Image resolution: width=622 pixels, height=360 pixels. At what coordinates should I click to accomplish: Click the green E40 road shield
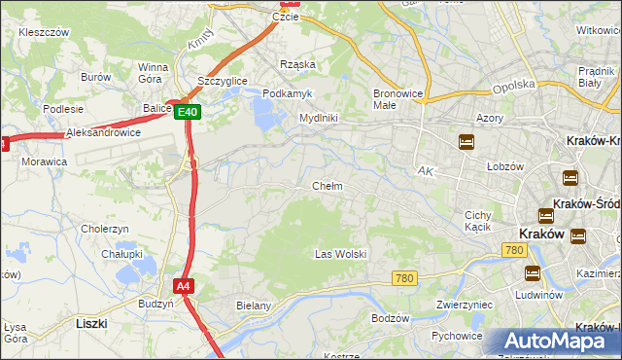coord(189,112)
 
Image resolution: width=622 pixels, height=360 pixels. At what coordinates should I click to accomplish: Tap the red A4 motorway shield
coord(184,286)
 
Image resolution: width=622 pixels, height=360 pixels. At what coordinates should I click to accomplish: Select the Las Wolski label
coord(340,254)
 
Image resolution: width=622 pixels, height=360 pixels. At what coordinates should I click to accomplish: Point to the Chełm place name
coord(327,186)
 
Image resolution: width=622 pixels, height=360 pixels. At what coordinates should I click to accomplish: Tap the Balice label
coord(155,108)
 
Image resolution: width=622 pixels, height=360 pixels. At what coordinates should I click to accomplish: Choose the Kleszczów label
coord(44,32)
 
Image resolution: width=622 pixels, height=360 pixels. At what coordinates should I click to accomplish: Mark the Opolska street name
coord(513,85)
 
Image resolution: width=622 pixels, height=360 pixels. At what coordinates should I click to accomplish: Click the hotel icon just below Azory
coord(466,142)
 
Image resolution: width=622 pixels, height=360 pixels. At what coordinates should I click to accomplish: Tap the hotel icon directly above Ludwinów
coord(532,273)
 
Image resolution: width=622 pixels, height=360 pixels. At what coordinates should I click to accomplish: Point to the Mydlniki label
coord(318,118)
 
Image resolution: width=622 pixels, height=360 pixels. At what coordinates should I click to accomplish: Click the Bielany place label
coord(254,306)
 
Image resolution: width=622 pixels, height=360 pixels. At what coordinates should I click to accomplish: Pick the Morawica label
coord(44,162)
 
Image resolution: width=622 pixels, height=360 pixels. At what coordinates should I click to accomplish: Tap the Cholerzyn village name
coord(105,229)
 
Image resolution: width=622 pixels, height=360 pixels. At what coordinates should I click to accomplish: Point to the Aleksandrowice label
coord(103,132)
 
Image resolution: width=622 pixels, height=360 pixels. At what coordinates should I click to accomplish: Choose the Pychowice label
coord(458,336)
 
